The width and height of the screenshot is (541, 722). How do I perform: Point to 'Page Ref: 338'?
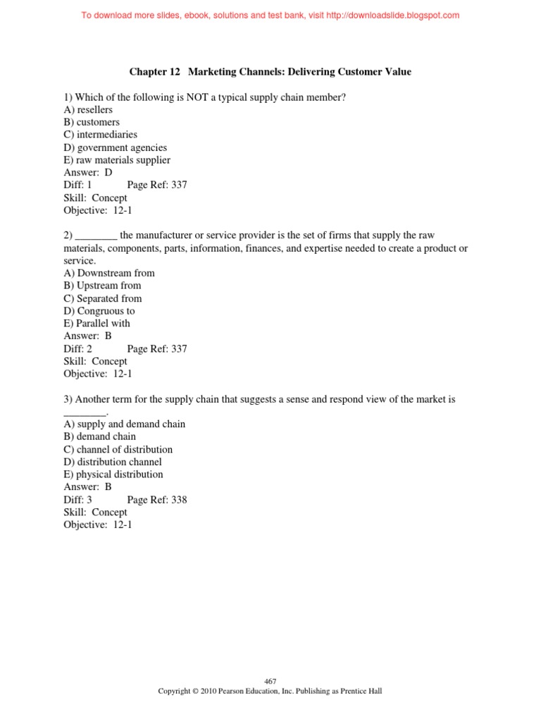click(157, 500)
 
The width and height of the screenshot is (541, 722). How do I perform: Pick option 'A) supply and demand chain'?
click(125, 424)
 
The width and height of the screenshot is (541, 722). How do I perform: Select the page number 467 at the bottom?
click(270, 681)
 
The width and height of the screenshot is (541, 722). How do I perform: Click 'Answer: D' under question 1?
click(88, 173)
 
